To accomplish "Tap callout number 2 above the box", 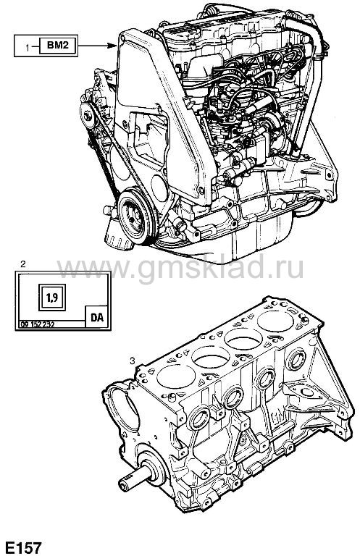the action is point(22,264).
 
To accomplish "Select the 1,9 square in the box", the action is point(52,297).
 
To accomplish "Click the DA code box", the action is point(97,317).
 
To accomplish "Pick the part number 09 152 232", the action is point(38,324).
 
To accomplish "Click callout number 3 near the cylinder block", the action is point(133,361).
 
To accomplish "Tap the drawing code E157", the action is point(22,547).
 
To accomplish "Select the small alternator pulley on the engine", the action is point(87,115).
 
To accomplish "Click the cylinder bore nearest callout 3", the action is point(176,376).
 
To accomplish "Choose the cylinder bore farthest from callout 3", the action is point(275,321).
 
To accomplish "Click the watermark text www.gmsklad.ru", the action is point(180,268).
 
